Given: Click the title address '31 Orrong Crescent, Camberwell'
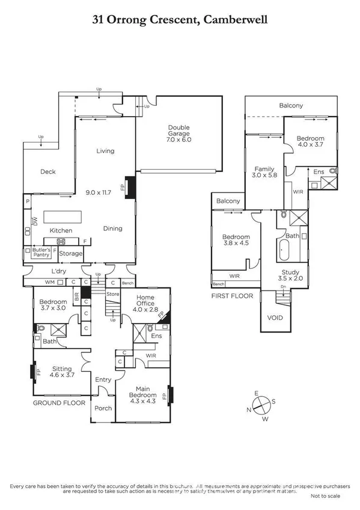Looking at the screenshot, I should (180, 19).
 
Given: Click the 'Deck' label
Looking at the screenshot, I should (47, 172).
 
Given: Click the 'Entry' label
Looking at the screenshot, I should (103, 379).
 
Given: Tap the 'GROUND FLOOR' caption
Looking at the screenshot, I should (58, 403).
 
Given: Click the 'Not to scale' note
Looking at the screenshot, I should (325, 497).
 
